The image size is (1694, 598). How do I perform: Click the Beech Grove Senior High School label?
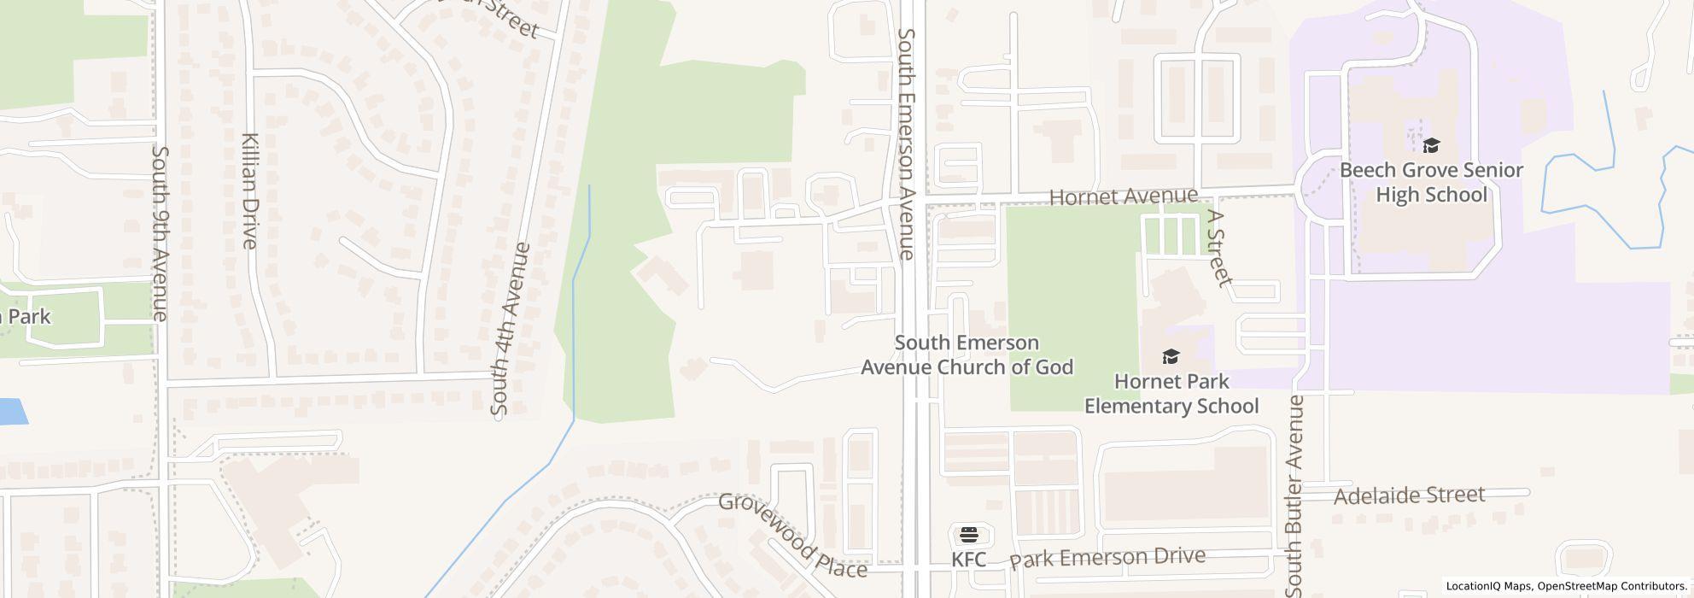pyautogui.click(x=1431, y=182)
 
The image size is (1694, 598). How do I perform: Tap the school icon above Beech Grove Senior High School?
pyautogui.click(x=1431, y=145)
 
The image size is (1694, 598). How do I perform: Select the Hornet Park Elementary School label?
pyautogui.click(x=1171, y=393)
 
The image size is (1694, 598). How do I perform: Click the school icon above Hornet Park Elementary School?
pyautogui.click(x=1171, y=356)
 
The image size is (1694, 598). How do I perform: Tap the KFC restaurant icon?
pyautogui.click(x=969, y=536)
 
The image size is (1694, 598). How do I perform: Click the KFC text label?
pyautogui.click(x=969, y=560)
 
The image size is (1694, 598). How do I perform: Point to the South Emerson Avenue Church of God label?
pyautogui.click(x=967, y=355)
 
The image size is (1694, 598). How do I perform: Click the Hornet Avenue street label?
pyautogui.click(x=1123, y=196)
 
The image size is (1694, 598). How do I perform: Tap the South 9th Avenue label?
pyautogui.click(x=160, y=233)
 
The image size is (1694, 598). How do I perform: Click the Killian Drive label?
pyautogui.click(x=249, y=190)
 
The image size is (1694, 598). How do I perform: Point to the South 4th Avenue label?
pyautogui.click(x=511, y=330)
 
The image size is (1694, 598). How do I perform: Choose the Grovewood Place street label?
pyautogui.click(x=792, y=535)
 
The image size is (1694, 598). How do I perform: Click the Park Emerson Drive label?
pyautogui.click(x=1107, y=558)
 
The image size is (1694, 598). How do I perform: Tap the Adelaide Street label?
pyautogui.click(x=1409, y=495)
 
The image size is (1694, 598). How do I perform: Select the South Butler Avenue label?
pyautogui.click(x=1296, y=495)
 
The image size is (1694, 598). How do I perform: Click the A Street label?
pyautogui.click(x=1219, y=249)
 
